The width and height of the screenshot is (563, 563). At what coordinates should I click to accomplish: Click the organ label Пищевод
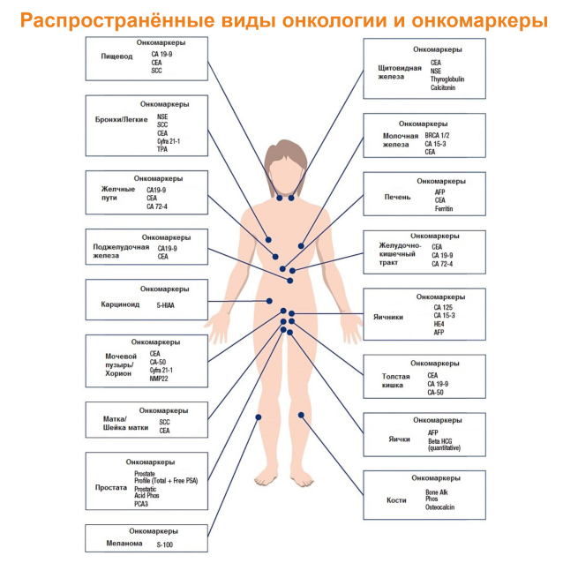[116, 56]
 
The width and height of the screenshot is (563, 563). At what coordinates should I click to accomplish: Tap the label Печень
[397, 197]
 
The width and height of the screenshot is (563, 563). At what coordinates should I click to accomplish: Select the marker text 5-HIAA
[165, 305]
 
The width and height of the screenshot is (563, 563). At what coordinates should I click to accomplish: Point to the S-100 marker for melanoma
[164, 544]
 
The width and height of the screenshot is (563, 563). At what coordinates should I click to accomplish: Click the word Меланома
[124, 544]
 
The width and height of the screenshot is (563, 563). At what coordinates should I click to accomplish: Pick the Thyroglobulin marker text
[447, 79]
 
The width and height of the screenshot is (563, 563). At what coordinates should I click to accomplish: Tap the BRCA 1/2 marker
[437, 135]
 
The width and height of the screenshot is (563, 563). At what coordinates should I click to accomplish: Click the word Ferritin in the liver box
[444, 208]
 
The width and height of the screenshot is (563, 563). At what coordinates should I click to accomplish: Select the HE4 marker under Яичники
[439, 324]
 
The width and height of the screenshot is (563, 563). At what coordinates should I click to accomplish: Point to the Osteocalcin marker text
[439, 507]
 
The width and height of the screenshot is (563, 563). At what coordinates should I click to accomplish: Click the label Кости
[396, 500]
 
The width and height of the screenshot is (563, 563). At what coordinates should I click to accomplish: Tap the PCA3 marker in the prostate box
[141, 504]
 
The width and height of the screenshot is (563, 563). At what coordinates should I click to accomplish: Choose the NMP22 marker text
[159, 379]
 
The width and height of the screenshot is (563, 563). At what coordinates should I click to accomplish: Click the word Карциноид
[120, 304]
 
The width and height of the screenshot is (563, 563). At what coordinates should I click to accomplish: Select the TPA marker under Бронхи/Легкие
[162, 149]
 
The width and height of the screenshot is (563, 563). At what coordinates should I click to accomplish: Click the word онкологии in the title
[334, 20]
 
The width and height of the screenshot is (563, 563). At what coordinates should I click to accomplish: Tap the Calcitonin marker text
[443, 87]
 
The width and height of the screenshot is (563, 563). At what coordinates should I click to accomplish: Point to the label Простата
[111, 488]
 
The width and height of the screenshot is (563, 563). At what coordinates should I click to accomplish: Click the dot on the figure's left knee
[301, 416]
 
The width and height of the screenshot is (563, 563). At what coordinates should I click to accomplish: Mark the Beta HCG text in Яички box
[439, 441]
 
